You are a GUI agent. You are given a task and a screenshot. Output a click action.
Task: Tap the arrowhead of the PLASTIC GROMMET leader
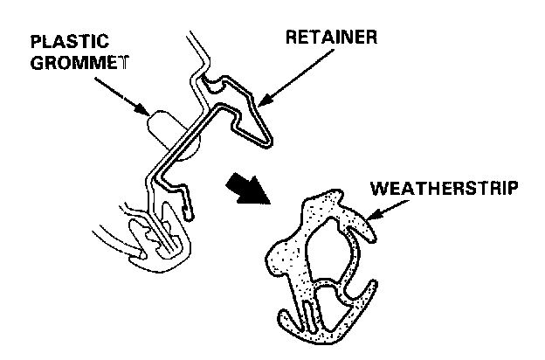click(x=148, y=114)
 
